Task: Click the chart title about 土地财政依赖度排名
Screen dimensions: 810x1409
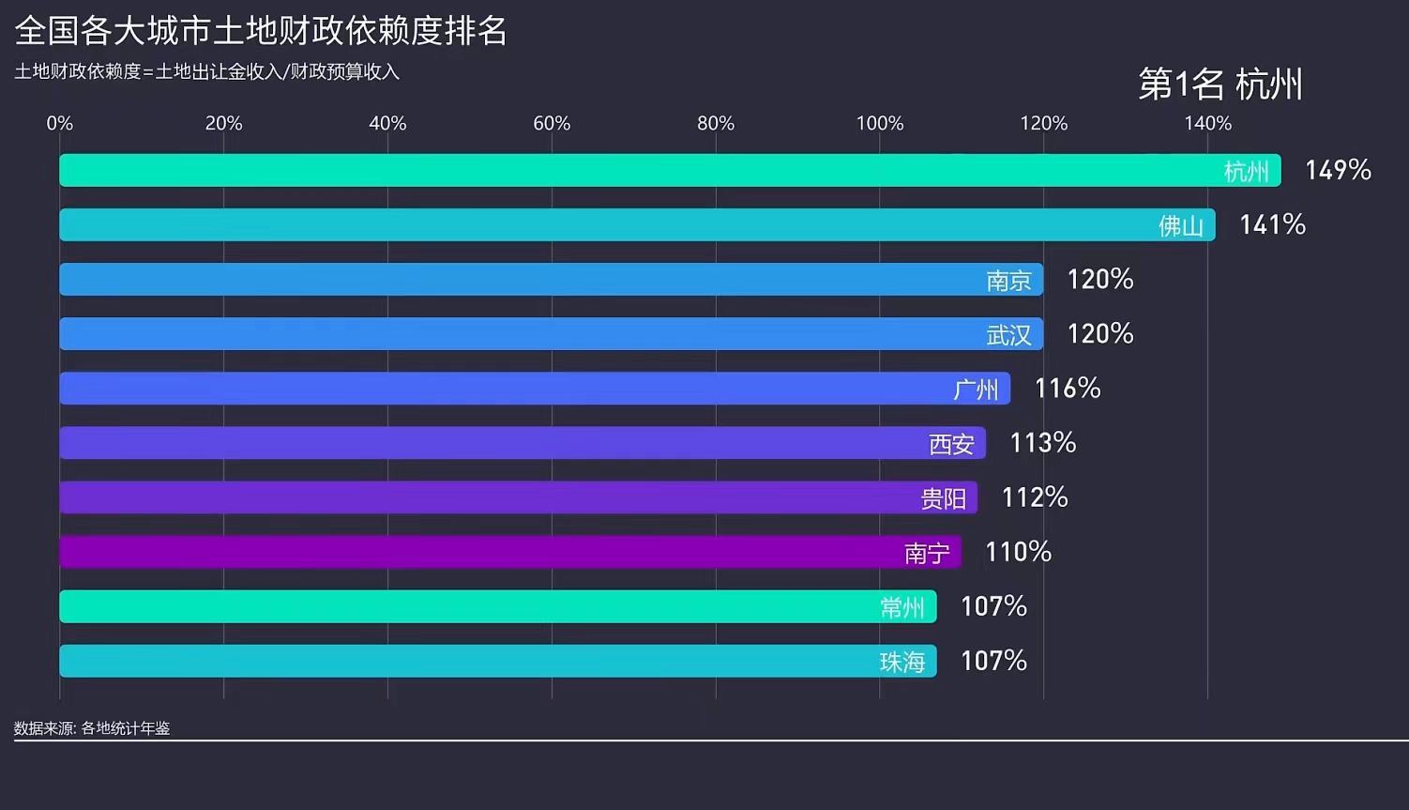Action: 261,31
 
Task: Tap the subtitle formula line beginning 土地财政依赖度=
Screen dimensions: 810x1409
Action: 206,72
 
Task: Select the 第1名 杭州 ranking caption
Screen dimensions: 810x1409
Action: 1220,84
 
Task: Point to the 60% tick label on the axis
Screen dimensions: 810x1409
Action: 552,123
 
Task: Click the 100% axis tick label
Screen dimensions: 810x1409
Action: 879,123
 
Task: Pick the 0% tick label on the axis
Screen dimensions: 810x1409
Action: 60,123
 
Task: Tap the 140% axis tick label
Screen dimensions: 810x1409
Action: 1207,123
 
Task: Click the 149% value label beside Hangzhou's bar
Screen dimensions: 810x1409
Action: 1338,170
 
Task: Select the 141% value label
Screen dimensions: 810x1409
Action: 1272,224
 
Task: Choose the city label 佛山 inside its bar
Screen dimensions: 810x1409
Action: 1180,225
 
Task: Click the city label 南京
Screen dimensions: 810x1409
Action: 1008,280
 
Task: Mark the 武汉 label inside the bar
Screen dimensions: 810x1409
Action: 1008,334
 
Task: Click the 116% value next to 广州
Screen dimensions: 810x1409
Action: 1068,388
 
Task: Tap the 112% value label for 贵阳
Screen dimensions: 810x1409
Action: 1035,497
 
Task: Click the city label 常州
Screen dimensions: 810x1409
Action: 902,607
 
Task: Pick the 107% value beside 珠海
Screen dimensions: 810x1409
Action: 993,661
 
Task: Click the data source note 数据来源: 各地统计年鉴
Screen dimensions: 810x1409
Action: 92,728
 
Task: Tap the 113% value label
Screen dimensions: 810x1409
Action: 1042,442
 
